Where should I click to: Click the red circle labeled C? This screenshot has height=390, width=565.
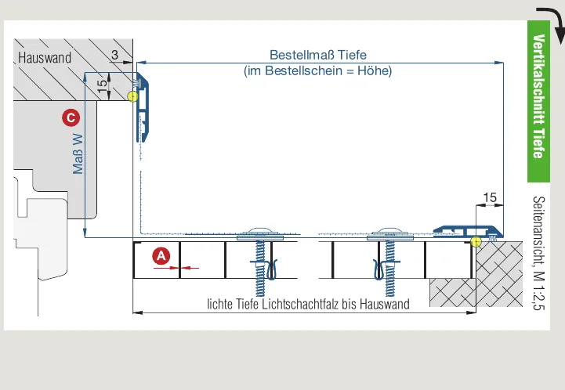(71, 117)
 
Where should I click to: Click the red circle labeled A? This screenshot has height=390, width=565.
(161, 256)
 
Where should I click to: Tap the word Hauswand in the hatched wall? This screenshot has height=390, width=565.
(45, 58)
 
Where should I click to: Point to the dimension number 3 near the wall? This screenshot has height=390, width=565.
(114, 55)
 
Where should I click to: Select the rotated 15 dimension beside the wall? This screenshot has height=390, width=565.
(102, 85)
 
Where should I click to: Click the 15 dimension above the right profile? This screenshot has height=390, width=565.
(490, 197)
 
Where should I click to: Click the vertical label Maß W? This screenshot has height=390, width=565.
(78, 154)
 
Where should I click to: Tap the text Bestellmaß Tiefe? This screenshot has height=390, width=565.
(318, 55)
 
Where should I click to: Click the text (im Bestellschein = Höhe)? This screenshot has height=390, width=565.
(318, 70)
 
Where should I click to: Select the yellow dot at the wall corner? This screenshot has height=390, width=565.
(132, 96)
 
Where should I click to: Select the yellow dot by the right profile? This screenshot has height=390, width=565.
(476, 242)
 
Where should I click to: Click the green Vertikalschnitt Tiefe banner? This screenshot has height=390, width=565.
(538, 101)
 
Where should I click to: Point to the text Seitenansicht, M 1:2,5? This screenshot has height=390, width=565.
(538, 253)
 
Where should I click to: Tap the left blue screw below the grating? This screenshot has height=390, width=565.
(260, 264)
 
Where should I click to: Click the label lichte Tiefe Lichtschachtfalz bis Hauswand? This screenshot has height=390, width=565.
(308, 304)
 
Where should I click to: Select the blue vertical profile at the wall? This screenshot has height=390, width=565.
(143, 107)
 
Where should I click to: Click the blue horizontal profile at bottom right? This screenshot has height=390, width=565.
(468, 232)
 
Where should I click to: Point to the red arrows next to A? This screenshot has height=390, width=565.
(176, 268)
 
